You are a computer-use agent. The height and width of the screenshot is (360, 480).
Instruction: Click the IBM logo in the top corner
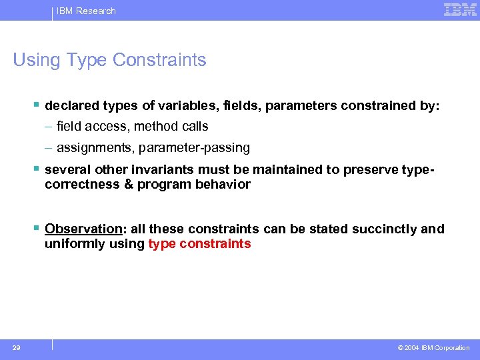coord(460,9)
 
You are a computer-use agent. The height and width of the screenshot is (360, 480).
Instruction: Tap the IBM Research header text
coord(85,11)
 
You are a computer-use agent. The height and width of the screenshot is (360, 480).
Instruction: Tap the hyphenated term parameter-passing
coord(194,147)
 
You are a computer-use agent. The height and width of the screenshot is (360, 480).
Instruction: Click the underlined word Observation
coord(83,229)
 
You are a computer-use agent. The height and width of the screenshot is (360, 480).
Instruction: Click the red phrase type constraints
coord(199,243)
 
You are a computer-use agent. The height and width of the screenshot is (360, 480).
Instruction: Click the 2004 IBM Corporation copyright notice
coord(433,348)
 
